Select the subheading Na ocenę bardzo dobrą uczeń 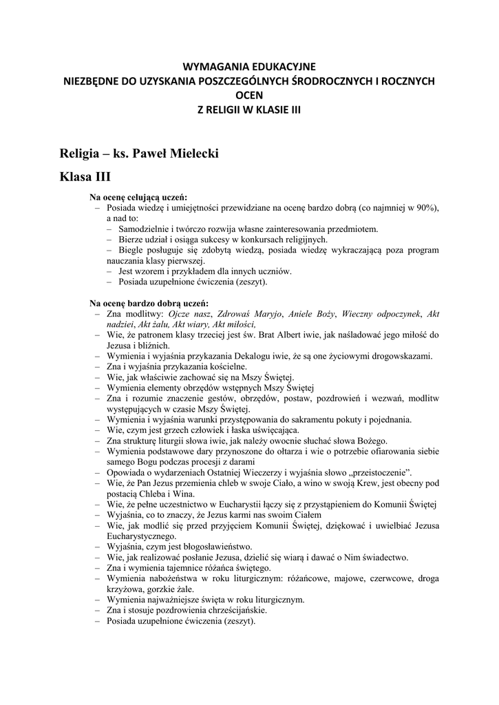(149, 303)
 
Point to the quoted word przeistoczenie (377, 473)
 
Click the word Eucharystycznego (142, 536)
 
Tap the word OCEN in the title (249, 94)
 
